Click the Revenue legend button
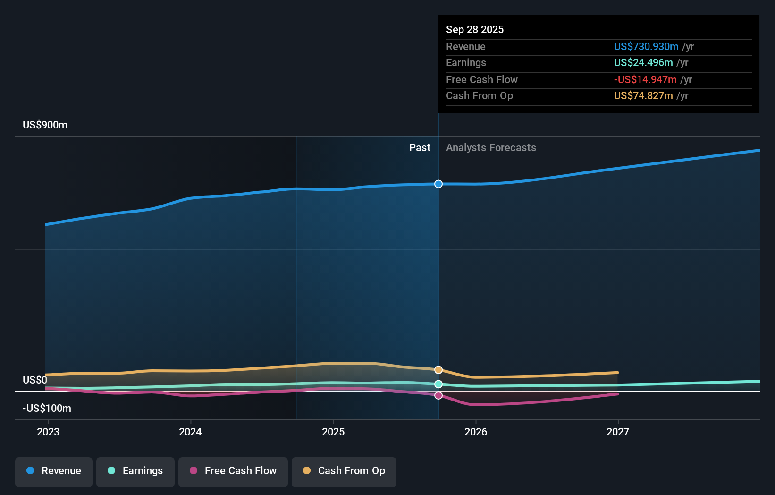click(54, 471)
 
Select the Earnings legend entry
click(135, 471)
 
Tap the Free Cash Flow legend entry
click(233, 471)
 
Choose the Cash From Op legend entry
click(344, 471)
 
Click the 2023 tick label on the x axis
click(48, 432)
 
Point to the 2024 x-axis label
click(190, 432)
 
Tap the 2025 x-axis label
click(333, 432)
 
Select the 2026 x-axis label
click(476, 432)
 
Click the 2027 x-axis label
click(618, 432)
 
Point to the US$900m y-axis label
click(45, 125)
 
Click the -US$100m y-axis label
click(47, 409)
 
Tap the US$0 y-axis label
click(35, 380)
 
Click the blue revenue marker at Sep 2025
click(438, 184)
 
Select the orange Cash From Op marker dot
click(438, 370)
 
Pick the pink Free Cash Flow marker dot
click(438, 395)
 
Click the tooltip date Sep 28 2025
click(475, 29)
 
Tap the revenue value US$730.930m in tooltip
click(646, 46)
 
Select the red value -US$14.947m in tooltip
click(645, 79)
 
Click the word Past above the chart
click(420, 148)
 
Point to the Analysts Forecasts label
click(491, 148)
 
